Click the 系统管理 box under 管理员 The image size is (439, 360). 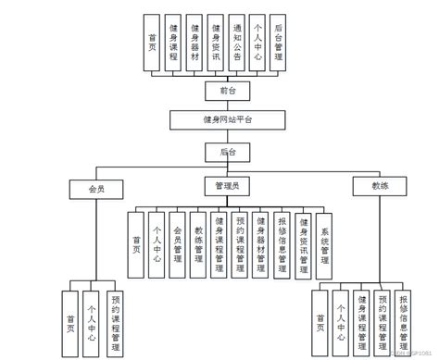tap(324, 246)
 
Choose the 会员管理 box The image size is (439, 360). tap(179, 246)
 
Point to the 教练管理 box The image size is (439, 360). tap(199, 246)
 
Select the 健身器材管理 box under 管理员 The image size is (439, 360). tap(262, 246)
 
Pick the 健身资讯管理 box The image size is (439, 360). tap(304, 246)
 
